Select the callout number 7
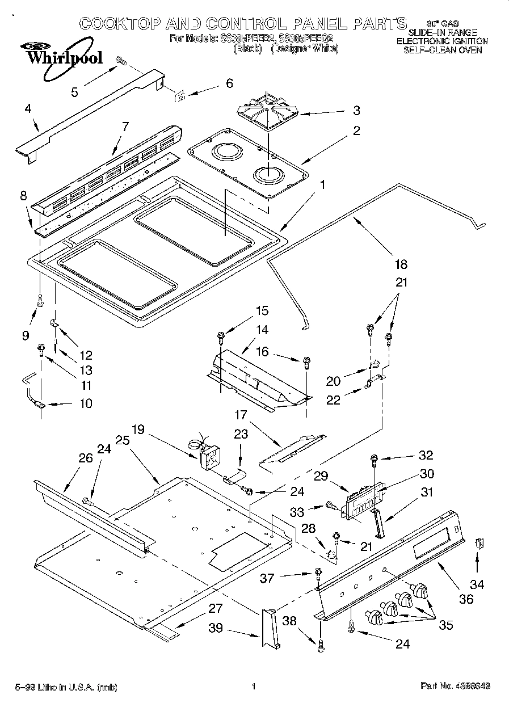click(x=125, y=128)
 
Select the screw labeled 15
click(x=221, y=337)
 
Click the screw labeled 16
click(x=307, y=361)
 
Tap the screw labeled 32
click(x=375, y=458)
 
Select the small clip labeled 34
click(x=479, y=543)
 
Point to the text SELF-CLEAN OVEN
click(x=442, y=50)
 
